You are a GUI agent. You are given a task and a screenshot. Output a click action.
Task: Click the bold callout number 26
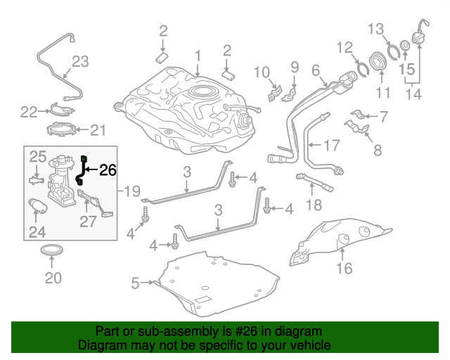click(x=108, y=169)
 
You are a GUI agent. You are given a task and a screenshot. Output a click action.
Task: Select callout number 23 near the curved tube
click(x=81, y=62)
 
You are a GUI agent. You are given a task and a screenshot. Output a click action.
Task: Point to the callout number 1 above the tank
click(x=198, y=56)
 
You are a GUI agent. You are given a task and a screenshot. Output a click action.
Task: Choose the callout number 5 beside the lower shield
click(x=135, y=283)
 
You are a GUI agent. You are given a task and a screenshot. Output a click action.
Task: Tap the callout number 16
click(x=344, y=268)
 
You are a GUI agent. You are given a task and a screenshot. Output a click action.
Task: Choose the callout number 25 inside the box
click(x=37, y=157)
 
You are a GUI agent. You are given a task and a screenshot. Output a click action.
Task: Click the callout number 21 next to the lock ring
click(x=96, y=129)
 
